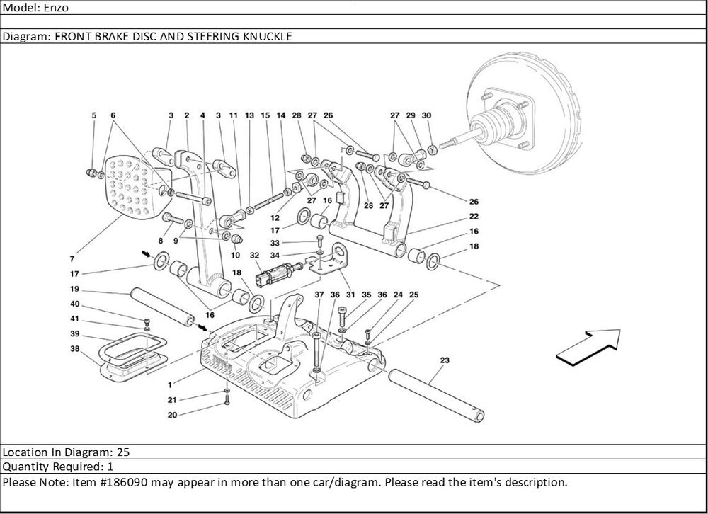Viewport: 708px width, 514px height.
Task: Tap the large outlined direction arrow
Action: (x=588, y=346)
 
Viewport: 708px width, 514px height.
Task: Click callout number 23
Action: (x=445, y=361)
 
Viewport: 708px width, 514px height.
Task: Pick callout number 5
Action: (x=93, y=115)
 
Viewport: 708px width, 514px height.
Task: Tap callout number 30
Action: (x=426, y=115)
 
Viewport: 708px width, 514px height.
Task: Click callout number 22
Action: (x=473, y=216)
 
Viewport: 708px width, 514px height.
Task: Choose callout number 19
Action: (x=74, y=289)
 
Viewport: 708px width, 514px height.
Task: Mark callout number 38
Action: (x=74, y=348)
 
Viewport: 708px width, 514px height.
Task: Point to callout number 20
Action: (x=171, y=415)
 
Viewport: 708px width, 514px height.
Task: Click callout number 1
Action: (x=170, y=384)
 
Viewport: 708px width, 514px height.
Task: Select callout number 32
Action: (x=254, y=255)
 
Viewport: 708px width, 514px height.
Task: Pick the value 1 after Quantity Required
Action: (x=110, y=467)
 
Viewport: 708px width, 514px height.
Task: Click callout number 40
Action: (x=74, y=304)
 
